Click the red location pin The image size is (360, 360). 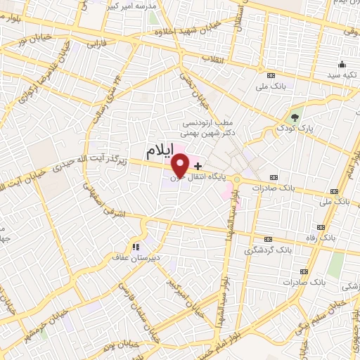coord(181,164)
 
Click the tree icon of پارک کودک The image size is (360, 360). coord(295,115)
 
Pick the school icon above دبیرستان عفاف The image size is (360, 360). coord(136,246)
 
